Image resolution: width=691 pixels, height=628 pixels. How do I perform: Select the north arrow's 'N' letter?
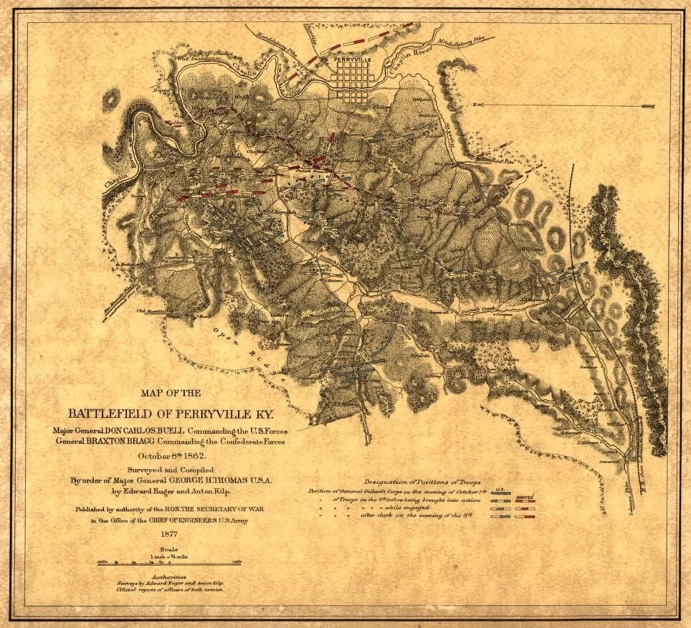tap(475, 105)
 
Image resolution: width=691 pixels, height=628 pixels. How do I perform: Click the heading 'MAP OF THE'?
tap(171, 393)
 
